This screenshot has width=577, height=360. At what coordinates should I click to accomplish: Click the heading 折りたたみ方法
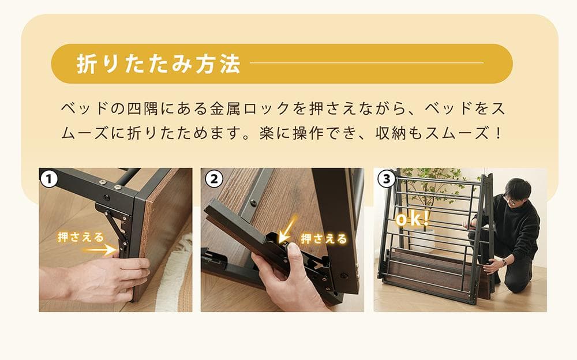click(158, 64)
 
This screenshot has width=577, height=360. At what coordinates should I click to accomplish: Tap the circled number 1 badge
click(50, 179)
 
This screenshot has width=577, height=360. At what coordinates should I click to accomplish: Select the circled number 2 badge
click(213, 179)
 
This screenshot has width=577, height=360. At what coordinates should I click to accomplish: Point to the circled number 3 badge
click(385, 179)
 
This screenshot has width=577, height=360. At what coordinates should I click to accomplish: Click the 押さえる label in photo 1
click(80, 237)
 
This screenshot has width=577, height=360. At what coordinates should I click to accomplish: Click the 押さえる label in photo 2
click(324, 238)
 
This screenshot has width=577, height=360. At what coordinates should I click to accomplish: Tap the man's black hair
click(517, 187)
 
